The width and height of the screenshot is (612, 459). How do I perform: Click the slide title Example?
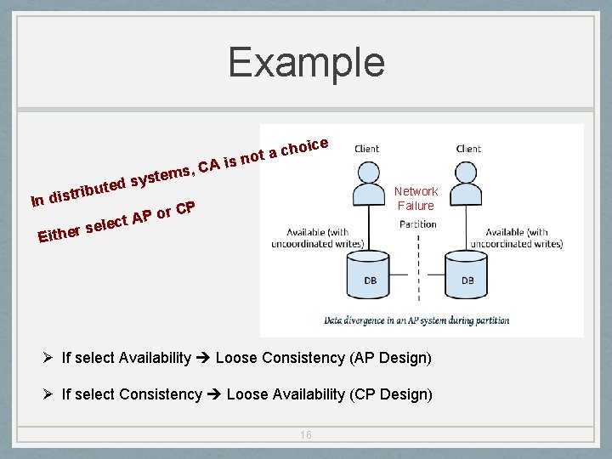(x=306, y=63)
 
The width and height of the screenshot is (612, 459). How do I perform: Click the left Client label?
(x=367, y=149)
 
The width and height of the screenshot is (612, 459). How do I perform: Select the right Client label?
(x=468, y=149)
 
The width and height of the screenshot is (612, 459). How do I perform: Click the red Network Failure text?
(x=416, y=199)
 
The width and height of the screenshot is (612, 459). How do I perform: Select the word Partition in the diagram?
(x=418, y=224)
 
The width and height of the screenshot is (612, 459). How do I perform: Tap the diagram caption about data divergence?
(x=416, y=320)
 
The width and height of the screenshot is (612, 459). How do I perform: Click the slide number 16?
(x=306, y=434)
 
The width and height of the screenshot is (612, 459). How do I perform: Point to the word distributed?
(x=88, y=191)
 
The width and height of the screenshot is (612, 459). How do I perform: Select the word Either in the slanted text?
(x=59, y=233)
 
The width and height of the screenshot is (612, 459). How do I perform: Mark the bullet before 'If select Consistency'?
(x=49, y=394)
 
